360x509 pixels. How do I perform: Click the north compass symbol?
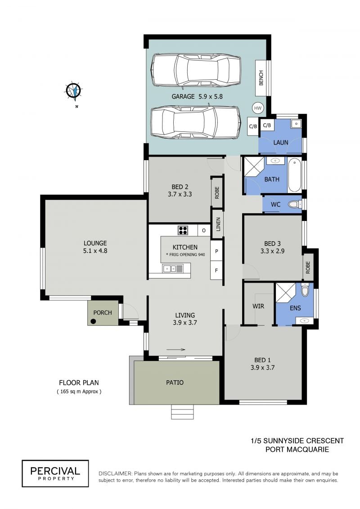tap(74, 90)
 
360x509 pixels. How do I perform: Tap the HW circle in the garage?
tap(257, 108)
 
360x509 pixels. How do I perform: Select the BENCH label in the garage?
tap(261, 78)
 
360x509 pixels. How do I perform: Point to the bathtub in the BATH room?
tap(294, 175)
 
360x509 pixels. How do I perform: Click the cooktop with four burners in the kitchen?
tap(183, 230)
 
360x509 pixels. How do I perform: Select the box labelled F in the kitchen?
tap(216, 270)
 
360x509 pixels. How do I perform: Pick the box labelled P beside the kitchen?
tap(216, 251)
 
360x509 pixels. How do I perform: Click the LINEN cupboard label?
tap(218, 224)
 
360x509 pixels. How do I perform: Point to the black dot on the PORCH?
tap(93, 322)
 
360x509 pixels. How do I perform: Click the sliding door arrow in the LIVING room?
tap(175, 350)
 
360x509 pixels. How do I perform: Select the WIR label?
tap(258, 306)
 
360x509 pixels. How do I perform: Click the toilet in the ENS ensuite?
tap(305, 289)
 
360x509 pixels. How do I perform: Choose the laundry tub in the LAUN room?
tap(296, 124)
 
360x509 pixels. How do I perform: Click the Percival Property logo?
tap(55, 473)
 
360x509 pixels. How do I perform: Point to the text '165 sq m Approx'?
tap(79, 392)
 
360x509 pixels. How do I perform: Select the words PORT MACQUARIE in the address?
tap(297, 450)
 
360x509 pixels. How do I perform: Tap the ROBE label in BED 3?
tap(308, 267)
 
